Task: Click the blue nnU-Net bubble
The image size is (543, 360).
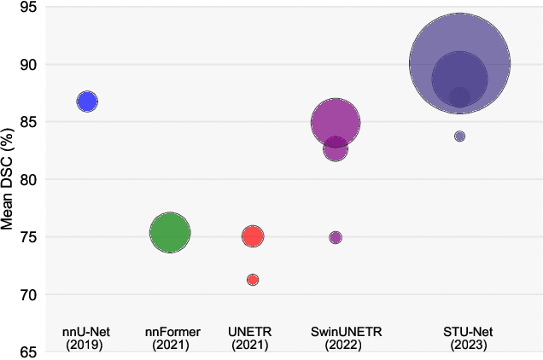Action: (x=87, y=101)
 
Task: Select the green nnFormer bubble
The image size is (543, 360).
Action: (x=170, y=233)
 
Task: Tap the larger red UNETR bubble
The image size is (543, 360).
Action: (x=253, y=236)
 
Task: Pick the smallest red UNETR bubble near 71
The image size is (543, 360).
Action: (x=253, y=280)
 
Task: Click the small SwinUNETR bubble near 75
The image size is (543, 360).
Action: (x=336, y=237)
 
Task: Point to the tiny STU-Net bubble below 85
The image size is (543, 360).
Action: (x=459, y=136)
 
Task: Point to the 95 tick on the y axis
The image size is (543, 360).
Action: (x=29, y=8)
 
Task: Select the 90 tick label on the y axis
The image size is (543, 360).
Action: (x=29, y=65)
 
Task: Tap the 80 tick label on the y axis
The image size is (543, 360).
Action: (x=29, y=180)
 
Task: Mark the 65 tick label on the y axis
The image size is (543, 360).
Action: (x=29, y=351)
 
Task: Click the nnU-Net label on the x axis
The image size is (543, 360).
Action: (x=87, y=332)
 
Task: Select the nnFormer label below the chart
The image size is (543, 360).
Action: (x=170, y=332)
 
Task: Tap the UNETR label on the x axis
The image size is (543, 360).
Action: (x=253, y=332)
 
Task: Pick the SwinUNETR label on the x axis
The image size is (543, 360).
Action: (x=336, y=332)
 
